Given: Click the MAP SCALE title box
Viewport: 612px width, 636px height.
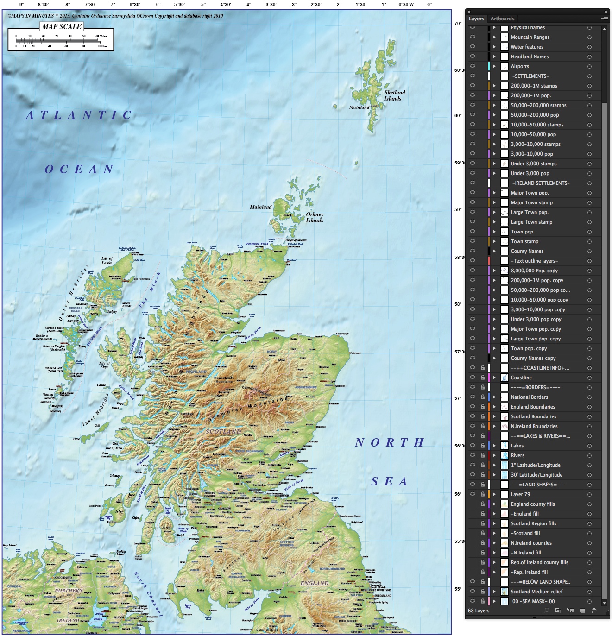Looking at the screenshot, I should [62, 26].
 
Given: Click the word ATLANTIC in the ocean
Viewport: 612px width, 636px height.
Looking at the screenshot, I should [79, 115].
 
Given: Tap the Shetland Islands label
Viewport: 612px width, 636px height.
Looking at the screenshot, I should [394, 95].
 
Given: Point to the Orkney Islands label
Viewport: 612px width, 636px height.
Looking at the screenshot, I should [315, 217].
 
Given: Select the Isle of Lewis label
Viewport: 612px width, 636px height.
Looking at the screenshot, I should [107, 260].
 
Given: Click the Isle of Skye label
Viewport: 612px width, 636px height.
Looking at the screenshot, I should [105, 365].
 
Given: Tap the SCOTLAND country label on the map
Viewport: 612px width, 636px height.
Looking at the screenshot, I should [223, 431].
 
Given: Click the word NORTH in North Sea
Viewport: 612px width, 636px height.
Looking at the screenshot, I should [390, 443].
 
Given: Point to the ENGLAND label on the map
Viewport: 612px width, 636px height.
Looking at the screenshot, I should [314, 583].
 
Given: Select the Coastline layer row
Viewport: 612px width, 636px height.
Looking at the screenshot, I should [521, 378].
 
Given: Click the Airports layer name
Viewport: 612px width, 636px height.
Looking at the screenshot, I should [520, 66].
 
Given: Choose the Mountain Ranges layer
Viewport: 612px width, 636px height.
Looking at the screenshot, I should [530, 37].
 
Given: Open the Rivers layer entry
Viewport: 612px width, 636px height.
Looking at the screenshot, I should [517, 455].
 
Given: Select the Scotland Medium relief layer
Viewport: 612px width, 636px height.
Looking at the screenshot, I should [536, 592].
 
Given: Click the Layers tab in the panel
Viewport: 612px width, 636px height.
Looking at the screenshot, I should [476, 19].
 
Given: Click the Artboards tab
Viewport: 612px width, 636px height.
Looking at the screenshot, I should [502, 19].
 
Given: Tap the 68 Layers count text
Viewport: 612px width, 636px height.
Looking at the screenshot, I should [479, 611].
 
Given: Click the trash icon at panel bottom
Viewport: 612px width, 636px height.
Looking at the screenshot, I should [594, 611].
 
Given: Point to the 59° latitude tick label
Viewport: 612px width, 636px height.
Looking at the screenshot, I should [458, 210].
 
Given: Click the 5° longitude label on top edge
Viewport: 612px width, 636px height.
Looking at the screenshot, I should [203, 4].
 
